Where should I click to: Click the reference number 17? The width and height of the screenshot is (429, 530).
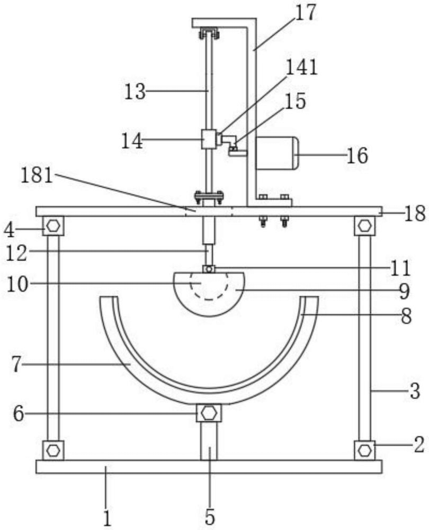(306, 13)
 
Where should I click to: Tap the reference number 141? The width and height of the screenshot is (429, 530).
(302, 67)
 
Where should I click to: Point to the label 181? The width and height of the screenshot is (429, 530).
(37, 176)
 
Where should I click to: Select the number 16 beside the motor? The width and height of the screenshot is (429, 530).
(358, 156)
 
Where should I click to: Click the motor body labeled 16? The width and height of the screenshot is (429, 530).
(277, 153)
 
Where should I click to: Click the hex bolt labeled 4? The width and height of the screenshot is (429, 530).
(53, 226)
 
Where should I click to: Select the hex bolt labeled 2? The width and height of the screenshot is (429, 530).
(364, 450)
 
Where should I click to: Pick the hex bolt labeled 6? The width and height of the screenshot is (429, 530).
(209, 413)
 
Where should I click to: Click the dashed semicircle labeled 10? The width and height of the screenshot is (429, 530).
(209, 287)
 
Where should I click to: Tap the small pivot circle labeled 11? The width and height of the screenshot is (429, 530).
(209, 269)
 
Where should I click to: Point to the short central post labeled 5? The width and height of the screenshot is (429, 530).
(209, 441)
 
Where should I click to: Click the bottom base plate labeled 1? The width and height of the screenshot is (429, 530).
(209, 466)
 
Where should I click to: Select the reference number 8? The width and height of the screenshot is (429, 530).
(406, 317)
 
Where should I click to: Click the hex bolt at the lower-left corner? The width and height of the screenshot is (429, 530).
(53, 450)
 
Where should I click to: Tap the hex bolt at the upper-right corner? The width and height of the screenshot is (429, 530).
(364, 225)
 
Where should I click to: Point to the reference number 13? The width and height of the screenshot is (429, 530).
(135, 92)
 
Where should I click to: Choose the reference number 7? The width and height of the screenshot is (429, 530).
(17, 365)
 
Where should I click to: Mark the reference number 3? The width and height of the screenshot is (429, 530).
(415, 391)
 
